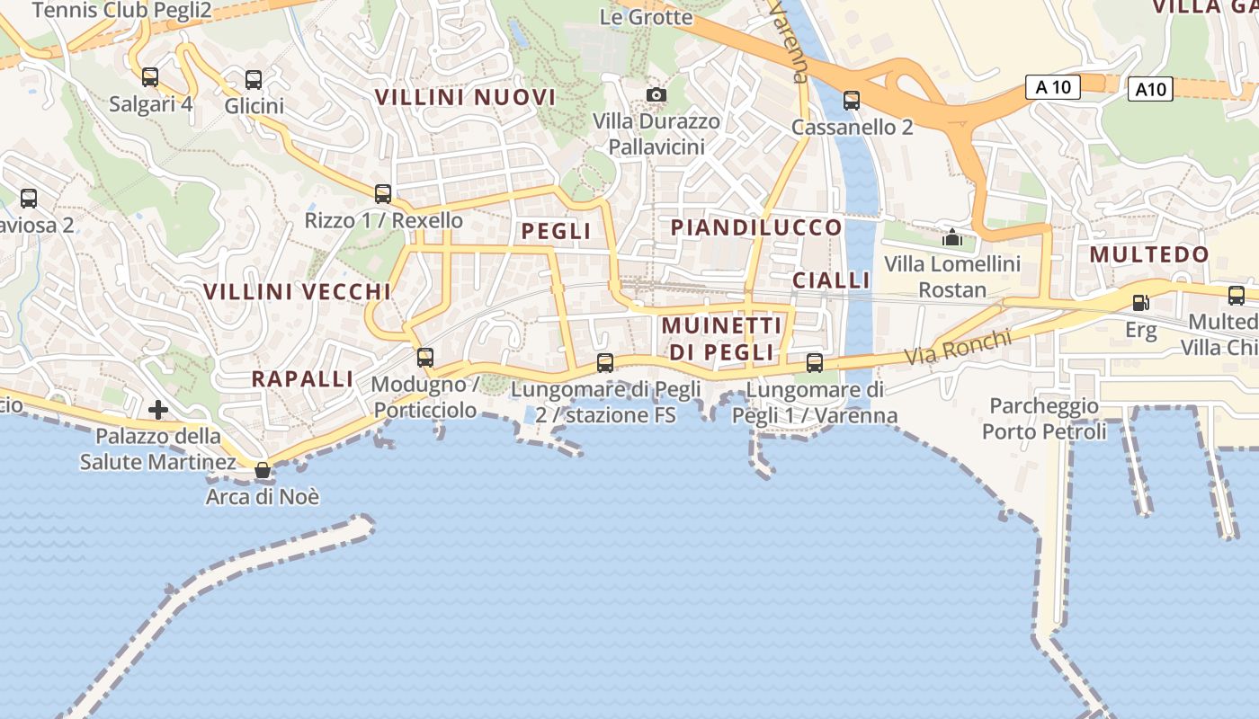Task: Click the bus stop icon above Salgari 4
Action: tap(150, 77)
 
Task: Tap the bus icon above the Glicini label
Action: tap(254, 80)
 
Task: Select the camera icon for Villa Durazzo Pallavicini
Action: tap(656, 94)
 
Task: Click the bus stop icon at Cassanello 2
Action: tap(852, 100)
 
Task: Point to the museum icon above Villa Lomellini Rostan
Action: tap(951, 237)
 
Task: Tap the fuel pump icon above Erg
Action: tap(1140, 303)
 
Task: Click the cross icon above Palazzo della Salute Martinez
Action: tap(158, 410)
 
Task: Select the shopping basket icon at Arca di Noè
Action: tap(263, 470)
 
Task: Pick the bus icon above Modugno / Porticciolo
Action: tap(425, 358)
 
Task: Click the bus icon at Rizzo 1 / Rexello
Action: tap(383, 193)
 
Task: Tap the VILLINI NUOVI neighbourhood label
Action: tap(465, 97)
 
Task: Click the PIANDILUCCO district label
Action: tap(756, 227)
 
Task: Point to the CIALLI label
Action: tap(831, 280)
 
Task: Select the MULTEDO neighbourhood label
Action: tap(1149, 254)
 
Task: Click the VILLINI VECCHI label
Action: tap(297, 292)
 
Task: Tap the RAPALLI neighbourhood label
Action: tap(302, 378)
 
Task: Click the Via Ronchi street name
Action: tap(958, 348)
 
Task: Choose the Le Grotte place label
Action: tap(646, 17)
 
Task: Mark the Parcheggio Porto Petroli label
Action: tap(1044, 419)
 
